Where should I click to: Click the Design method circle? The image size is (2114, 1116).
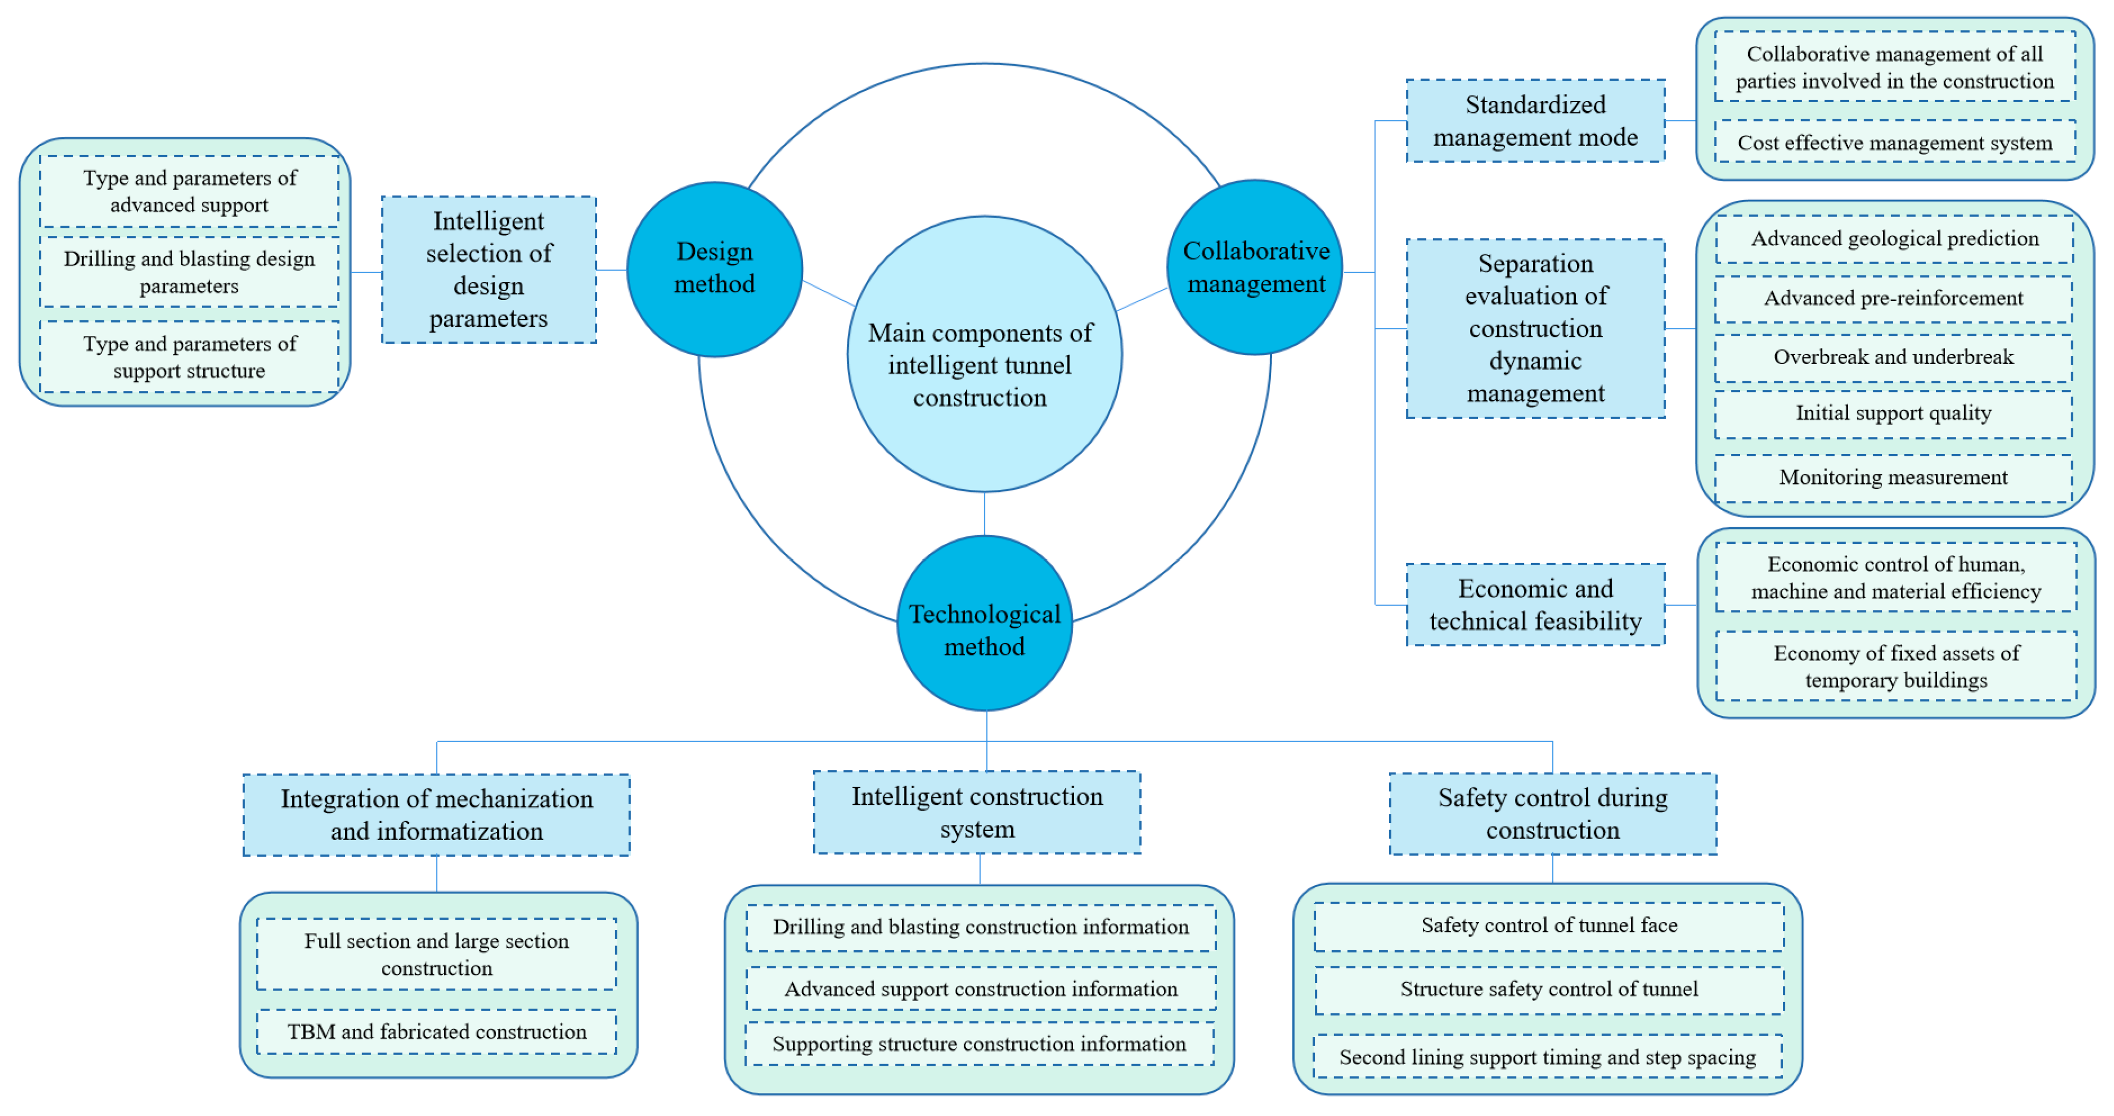pyautogui.click(x=714, y=268)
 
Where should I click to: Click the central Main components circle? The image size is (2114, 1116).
pyautogui.click(x=984, y=355)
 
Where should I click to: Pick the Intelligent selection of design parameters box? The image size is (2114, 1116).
pyautogui.click(x=488, y=269)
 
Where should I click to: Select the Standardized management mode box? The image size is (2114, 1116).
pyautogui.click(x=1535, y=121)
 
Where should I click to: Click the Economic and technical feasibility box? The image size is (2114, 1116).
pyautogui.click(x=1535, y=605)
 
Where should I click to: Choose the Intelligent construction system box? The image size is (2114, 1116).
pyautogui.click(x=977, y=812)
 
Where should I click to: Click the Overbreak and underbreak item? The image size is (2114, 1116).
pyautogui.click(x=1893, y=357)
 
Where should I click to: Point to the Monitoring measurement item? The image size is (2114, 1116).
pyautogui.click(x=1893, y=478)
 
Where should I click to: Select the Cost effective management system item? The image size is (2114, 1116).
pyautogui.click(x=1894, y=143)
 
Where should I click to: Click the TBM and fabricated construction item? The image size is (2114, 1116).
pyautogui.click(x=436, y=1032)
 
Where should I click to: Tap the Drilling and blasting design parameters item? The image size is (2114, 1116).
pyautogui.click(x=189, y=272)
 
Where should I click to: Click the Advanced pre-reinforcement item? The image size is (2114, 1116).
pyautogui.click(x=1893, y=298)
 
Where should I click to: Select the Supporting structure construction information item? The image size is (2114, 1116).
pyautogui.click(x=979, y=1044)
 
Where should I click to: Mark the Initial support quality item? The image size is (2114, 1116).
pyautogui.click(x=1893, y=413)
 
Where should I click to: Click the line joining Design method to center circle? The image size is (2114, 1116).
pyautogui.click(x=829, y=293)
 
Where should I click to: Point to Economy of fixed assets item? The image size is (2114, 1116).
pyautogui.click(x=1896, y=666)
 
